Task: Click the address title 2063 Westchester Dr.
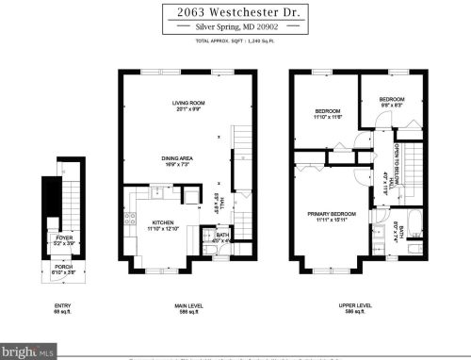(x=235, y=12)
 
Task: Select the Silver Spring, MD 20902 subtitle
(x=235, y=28)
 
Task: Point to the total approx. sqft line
(x=235, y=42)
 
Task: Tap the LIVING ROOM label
(x=187, y=105)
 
